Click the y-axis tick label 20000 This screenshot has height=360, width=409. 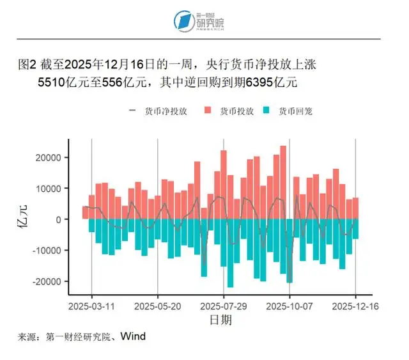(50, 158)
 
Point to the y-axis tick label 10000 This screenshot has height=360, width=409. (50, 189)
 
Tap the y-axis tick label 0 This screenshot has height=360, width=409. (58, 219)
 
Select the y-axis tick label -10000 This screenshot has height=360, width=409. (49, 250)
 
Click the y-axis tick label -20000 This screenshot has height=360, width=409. (49, 281)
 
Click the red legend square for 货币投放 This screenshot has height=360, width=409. (208, 111)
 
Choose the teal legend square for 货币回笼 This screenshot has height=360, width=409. (266, 111)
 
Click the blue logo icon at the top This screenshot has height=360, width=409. (184, 20)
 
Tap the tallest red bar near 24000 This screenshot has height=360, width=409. (283, 182)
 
